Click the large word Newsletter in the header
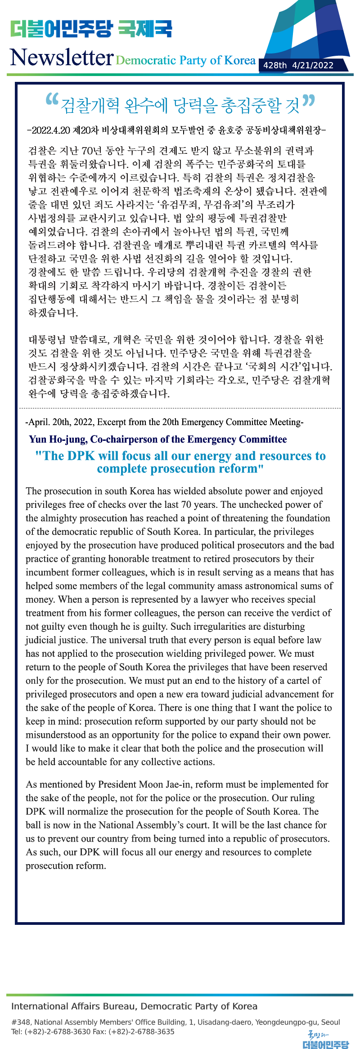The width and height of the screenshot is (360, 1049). tap(62, 58)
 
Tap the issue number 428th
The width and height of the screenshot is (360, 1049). tap(274, 65)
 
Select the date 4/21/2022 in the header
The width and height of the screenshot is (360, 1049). tap(313, 65)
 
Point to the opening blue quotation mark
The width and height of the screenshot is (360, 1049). tap(52, 100)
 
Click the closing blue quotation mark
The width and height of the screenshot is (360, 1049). tap(309, 101)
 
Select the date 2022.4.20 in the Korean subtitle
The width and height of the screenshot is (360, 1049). tap(51, 130)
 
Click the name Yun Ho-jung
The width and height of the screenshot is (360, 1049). tap(58, 439)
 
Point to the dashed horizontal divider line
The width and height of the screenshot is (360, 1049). tap(180, 408)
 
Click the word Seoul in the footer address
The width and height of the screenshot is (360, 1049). tap(330, 1022)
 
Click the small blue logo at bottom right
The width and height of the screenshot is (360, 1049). tap(325, 1040)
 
